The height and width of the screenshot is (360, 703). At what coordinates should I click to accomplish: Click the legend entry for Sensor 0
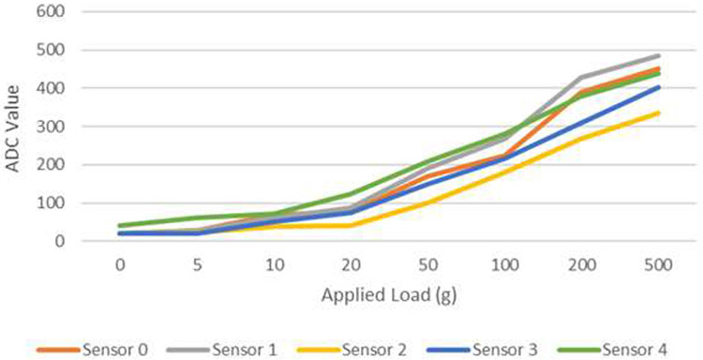[92, 349]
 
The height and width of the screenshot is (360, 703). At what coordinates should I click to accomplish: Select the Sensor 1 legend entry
[221, 349]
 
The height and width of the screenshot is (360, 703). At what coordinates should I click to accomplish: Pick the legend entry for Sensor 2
[351, 349]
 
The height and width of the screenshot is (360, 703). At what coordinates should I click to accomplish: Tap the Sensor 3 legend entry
[482, 349]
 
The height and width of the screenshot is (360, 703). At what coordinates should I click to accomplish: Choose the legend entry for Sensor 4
[611, 349]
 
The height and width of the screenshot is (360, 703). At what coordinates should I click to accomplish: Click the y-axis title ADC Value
[13, 127]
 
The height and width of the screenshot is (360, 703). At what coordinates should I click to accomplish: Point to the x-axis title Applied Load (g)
[388, 295]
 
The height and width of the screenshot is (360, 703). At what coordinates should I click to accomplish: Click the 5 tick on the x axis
[197, 264]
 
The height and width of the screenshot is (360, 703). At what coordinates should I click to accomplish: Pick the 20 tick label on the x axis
[351, 264]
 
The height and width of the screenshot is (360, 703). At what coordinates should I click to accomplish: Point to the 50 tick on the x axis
[428, 264]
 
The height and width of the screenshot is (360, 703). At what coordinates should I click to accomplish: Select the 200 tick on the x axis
[582, 264]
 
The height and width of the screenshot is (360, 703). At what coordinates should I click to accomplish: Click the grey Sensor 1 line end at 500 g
[659, 56]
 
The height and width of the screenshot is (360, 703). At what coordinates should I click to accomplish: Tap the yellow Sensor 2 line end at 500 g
[659, 113]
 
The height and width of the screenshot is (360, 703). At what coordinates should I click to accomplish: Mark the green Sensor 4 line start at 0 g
[120, 226]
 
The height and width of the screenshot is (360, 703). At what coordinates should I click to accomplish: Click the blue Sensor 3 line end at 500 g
[659, 87]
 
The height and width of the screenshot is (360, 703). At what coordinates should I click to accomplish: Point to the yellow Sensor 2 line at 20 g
[351, 226]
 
